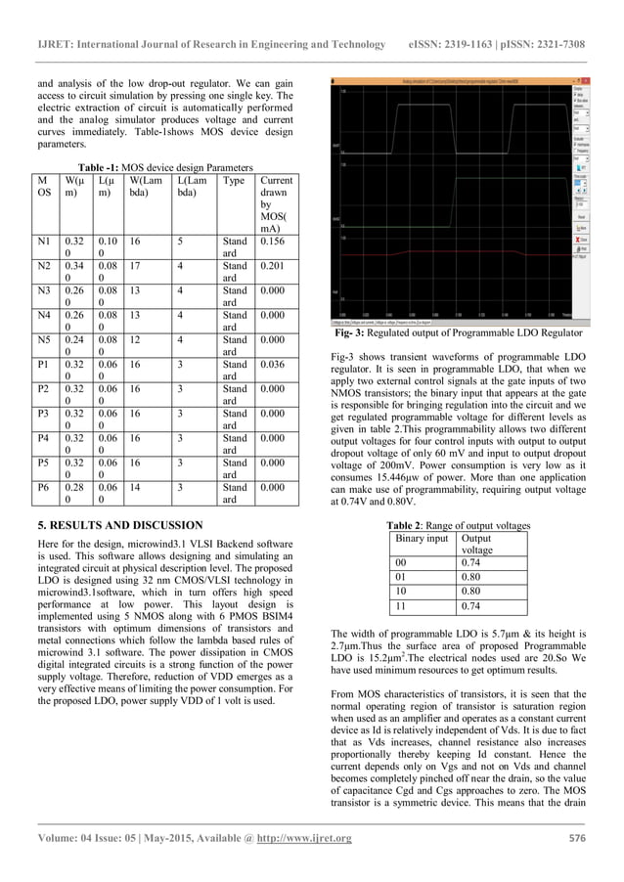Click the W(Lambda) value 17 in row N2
(137, 265)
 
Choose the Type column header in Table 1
(234, 182)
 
